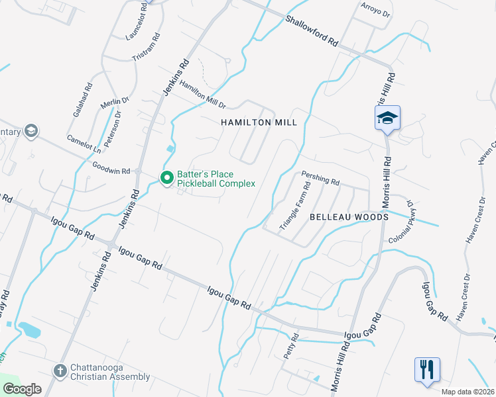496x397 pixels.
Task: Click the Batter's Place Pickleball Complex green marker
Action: (166, 177)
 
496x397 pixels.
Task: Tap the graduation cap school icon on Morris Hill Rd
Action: (387, 118)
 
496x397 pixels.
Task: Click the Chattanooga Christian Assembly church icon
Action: (60, 371)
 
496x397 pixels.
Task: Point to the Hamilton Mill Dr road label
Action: (203, 95)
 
